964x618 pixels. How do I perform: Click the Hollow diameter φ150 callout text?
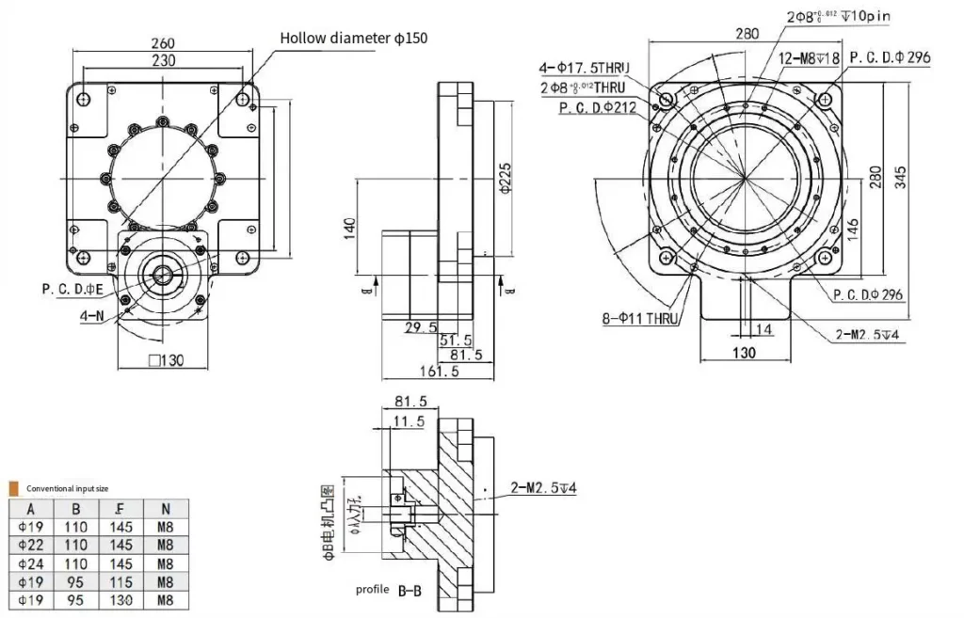pos(354,38)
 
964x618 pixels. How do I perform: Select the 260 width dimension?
pos(163,43)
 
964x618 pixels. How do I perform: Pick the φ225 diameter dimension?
pos(506,177)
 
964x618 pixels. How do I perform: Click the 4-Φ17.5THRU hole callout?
pos(584,68)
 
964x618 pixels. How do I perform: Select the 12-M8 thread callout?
pos(808,58)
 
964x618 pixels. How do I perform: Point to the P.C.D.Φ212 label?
pos(598,107)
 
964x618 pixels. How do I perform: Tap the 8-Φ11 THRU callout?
pos(640,319)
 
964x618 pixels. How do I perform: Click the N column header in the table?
pos(166,509)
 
